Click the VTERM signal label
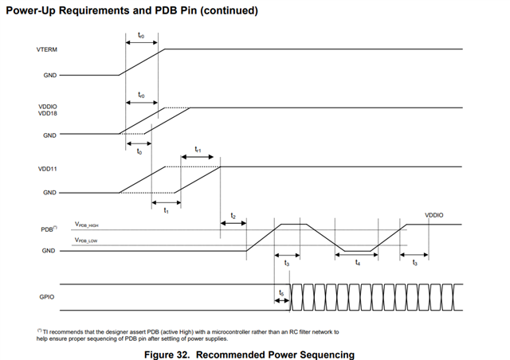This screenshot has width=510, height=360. pos(47,49)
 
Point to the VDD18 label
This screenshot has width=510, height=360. pos(47,113)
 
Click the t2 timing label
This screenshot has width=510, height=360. pos(233,216)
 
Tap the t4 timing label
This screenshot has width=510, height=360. pos(357,262)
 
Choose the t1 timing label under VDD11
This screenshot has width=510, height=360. pos(166,212)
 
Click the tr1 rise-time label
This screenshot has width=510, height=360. pos(198,149)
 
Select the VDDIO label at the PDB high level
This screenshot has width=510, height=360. pos(434,215)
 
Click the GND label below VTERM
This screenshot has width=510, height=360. pos(49,76)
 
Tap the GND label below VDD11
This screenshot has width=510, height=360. pos(49,193)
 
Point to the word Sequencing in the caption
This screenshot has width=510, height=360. pos(324,354)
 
